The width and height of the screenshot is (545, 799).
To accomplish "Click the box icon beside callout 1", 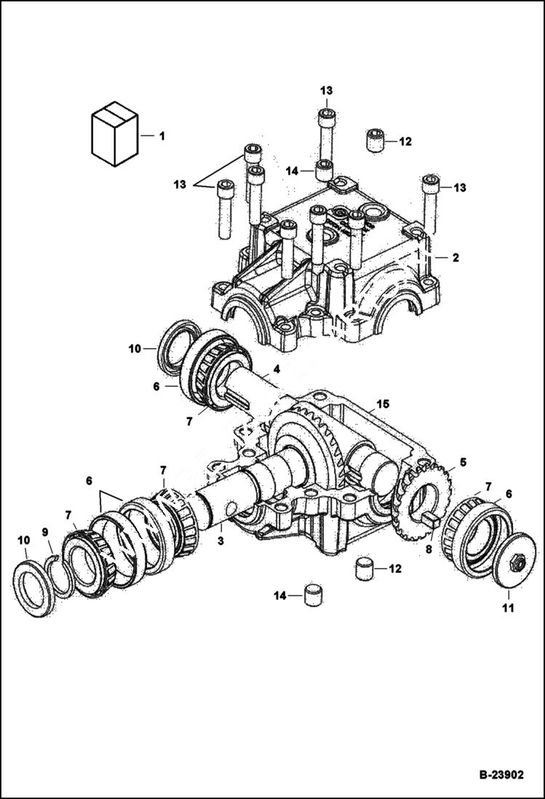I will pos(113,134).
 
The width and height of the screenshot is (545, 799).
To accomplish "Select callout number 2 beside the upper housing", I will pos(455,257).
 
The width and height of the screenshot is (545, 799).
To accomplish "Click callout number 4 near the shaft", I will pos(277,370).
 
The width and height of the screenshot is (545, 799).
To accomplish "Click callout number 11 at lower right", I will pos(508,607).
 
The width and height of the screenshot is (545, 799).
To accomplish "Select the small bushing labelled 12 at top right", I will pos(375,141).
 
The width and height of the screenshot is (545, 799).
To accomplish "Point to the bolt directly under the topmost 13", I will pos(326,135).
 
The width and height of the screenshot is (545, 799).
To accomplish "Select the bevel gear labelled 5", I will pos(424,503).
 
